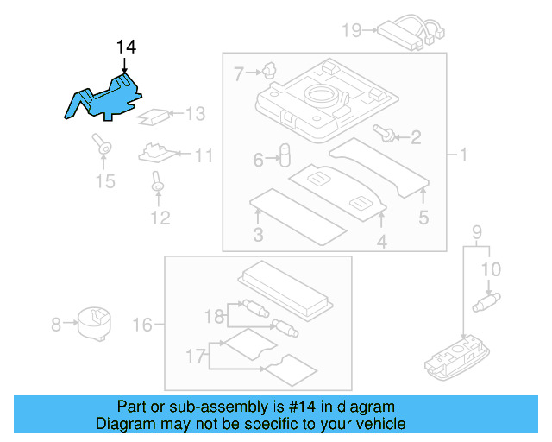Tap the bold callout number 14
pyautogui.click(x=126, y=47)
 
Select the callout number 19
pyautogui.click(x=351, y=31)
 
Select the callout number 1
pyautogui.click(x=462, y=155)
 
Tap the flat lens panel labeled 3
pyautogui.click(x=298, y=211)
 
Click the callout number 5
pyautogui.click(x=423, y=218)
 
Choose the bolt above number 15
pyautogui.click(x=103, y=147)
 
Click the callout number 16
pyautogui.click(x=142, y=325)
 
